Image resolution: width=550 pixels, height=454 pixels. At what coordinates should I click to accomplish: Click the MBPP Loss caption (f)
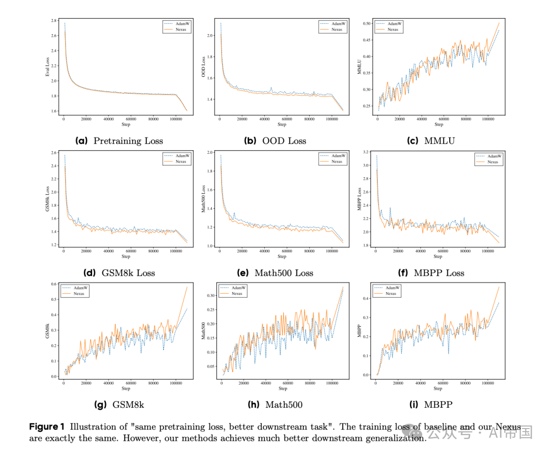(431, 273)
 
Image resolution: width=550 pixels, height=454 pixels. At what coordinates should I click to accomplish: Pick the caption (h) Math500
(275, 405)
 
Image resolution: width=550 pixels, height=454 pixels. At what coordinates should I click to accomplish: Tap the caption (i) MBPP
(430, 405)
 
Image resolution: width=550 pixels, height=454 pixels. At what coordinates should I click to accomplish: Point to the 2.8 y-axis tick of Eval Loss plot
(54, 20)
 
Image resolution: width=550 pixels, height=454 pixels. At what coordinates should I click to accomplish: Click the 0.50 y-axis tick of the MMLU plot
(367, 23)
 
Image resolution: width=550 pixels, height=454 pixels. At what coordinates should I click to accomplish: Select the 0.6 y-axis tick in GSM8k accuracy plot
(54, 284)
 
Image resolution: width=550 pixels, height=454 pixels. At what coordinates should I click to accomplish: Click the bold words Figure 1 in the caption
(47, 427)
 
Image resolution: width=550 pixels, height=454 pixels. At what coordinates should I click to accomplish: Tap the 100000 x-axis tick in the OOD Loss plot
(332, 119)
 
